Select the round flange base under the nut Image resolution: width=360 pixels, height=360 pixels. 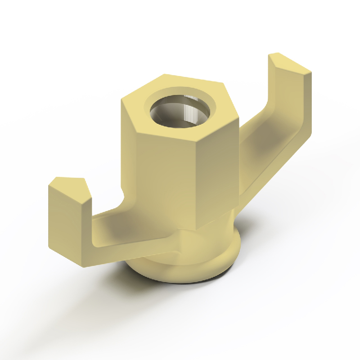189,270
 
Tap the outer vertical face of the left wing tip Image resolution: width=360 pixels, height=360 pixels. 67,225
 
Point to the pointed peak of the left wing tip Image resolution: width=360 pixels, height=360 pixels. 83,180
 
